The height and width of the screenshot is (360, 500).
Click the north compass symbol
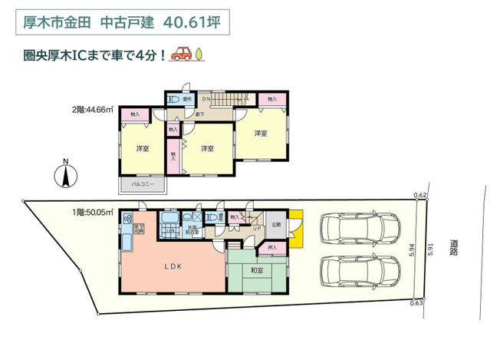pyautogui.click(x=66, y=176)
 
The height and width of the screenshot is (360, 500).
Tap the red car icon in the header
pyautogui.click(x=181, y=54)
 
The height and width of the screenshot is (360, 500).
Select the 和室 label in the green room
pyautogui.click(x=256, y=269)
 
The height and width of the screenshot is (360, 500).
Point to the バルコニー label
pyautogui.click(x=143, y=185)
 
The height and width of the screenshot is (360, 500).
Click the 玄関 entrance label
pyautogui.click(x=276, y=224)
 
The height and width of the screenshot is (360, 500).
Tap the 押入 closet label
pyautogui.click(x=271, y=248)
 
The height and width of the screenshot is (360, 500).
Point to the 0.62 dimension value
pyautogui.click(x=419, y=196)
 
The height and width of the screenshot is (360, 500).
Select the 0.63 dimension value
pyautogui.click(x=416, y=304)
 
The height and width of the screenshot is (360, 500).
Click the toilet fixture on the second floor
pyautogui.click(x=173, y=100)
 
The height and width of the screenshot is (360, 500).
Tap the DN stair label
pyautogui.click(x=206, y=99)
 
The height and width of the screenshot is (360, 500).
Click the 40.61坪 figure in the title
pyautogui.click(x=191, y=23)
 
